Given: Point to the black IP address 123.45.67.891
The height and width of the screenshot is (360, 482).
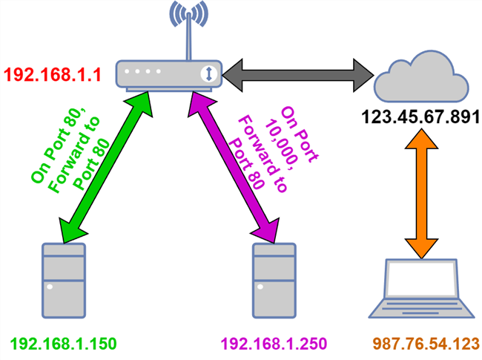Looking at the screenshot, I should click(420, 117).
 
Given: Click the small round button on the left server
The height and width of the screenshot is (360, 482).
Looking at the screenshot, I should click(50, 287).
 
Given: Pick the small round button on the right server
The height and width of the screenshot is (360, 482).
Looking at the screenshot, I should click(260, 287).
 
